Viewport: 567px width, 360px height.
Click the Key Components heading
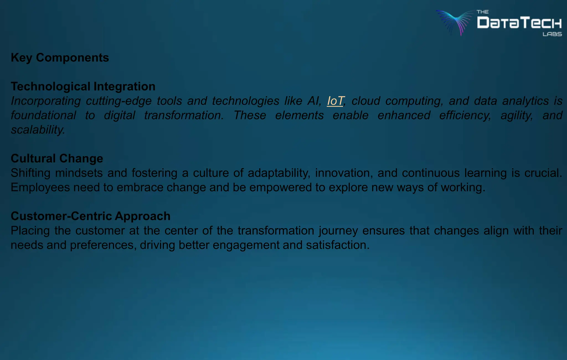(60, 58)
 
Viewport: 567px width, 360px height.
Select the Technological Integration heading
(83, 86)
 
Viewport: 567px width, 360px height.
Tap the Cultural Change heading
(57, 158)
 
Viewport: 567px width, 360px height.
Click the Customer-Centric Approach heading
(91, 216)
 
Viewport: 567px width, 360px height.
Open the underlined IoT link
(335, 101)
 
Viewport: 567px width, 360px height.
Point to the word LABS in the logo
(552, 34)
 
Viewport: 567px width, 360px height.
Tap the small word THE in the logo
(483, 12)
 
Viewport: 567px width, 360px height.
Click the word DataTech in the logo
(519, 23)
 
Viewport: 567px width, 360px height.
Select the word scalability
(38, 130)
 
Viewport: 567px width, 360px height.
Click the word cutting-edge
(118, 101)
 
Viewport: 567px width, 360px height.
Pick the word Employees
(40, 187)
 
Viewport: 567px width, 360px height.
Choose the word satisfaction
(337, 245)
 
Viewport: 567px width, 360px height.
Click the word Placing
(30, 231)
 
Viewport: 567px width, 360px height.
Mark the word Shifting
(30, 173)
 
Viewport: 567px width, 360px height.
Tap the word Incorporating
(46, 101)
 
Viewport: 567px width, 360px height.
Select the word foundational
(43, 115)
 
